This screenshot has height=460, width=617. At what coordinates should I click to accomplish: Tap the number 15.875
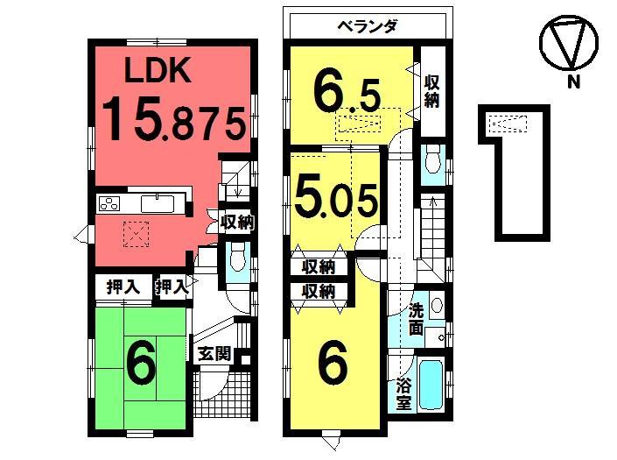click(172, 119)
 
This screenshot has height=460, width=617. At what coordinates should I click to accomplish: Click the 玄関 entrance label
click(213, 354)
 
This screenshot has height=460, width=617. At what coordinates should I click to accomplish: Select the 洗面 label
click(417, 320)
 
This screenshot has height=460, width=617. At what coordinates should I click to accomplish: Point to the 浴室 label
click(403, 393)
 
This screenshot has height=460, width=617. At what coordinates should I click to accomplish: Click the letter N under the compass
click(574, 84)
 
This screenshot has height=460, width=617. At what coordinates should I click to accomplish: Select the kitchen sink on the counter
click(158, 203)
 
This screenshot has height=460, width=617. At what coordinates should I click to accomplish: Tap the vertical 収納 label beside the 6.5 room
click(431, 91)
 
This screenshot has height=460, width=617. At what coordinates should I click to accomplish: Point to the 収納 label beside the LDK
click(236, 223)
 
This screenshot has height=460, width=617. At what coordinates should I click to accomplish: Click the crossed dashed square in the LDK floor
click(137, 233)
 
